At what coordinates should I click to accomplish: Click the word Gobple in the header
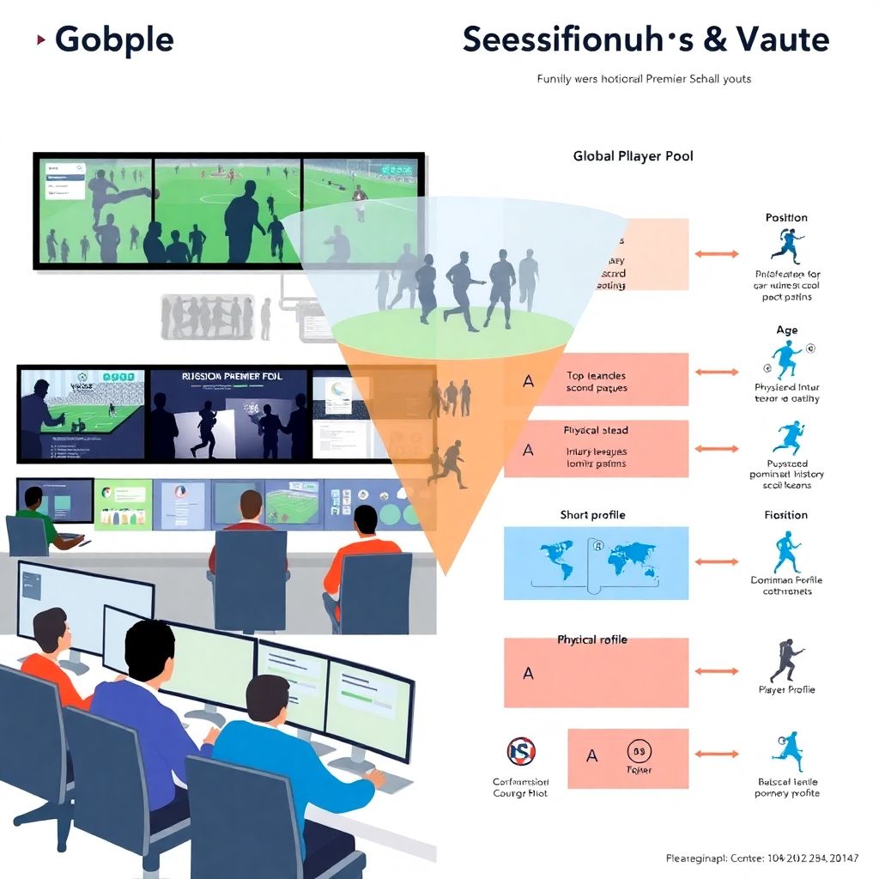point(113,40)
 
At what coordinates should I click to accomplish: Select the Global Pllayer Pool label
point(633,156)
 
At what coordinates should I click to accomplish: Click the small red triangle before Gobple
point(40,39)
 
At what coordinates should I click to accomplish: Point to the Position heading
point(786,218)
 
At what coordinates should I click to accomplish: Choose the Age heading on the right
point(786,330)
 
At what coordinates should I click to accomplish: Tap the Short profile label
point(592,515)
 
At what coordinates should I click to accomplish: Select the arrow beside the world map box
point(717,561)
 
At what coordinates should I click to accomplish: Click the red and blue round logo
point(521,752)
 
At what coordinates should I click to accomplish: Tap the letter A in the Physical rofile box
point(528,674)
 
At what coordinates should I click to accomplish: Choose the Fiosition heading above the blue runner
point(786,515)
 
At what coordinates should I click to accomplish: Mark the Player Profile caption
point(786,690)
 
